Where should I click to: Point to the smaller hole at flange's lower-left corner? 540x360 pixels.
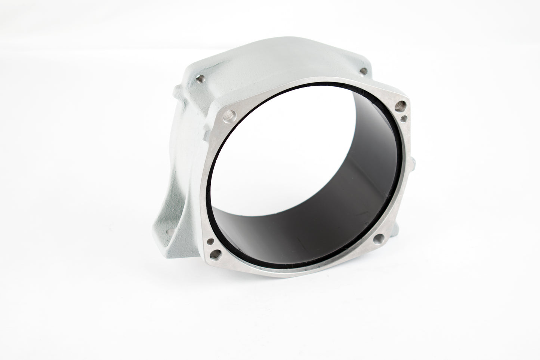click(x=210, y=241)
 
